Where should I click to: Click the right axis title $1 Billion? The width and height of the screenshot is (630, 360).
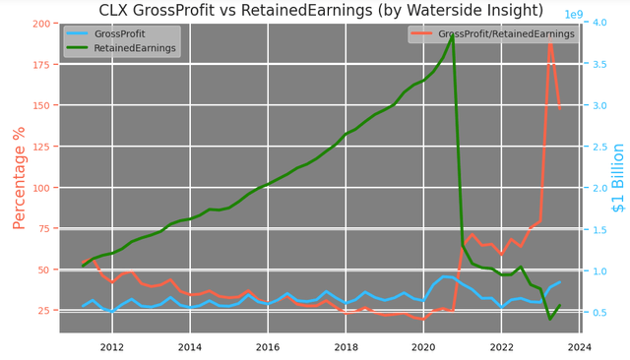tap(618, 191)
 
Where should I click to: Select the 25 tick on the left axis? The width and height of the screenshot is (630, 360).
tap(45, 311)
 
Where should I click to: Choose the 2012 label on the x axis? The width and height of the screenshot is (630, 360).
tap(112, 347)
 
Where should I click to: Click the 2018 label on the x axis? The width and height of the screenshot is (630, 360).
tap(346, 347)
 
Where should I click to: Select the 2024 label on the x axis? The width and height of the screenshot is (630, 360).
tap(580, 347)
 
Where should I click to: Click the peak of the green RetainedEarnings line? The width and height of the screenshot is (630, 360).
tap(453, 36)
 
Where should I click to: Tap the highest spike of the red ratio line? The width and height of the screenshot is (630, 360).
tap(550, 36)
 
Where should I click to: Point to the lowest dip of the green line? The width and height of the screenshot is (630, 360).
tap(550, 319)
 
